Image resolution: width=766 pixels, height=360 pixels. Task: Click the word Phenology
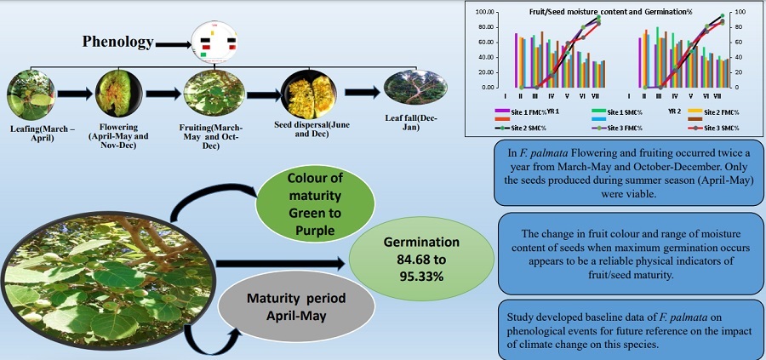117,42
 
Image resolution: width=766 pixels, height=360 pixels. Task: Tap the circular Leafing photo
31,94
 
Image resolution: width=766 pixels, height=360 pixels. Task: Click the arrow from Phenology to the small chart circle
174,42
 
